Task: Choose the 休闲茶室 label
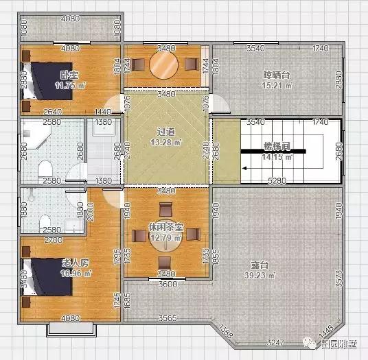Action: pos(165,226)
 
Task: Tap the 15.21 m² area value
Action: pos(277,86)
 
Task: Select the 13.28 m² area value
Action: pos(165,143)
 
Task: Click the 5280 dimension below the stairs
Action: pos(278,181)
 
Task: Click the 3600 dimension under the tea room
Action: pos(165,283)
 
